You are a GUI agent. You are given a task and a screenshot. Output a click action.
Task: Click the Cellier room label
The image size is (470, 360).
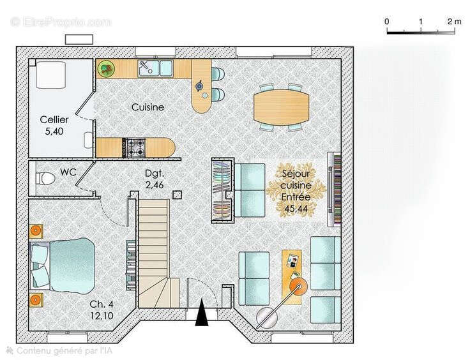[x=54, y=119]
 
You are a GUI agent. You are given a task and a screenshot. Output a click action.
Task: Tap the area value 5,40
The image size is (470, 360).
[x=54, y=131]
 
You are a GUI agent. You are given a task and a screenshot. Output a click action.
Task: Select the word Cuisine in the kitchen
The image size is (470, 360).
[x=148, y=107]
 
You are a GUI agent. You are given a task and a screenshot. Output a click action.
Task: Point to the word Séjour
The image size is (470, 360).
[x=296, y=173]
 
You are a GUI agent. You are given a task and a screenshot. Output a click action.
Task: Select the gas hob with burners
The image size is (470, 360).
[x=135, y=147]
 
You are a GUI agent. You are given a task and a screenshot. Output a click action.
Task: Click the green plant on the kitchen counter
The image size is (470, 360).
[x=106, y=67]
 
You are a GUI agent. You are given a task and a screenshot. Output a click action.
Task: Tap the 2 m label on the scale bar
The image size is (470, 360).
[x=454, y=22]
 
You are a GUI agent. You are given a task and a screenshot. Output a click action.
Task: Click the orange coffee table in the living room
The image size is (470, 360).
[x=294, y=267]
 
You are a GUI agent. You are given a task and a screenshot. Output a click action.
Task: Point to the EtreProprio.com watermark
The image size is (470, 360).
[x=61, y=22]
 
